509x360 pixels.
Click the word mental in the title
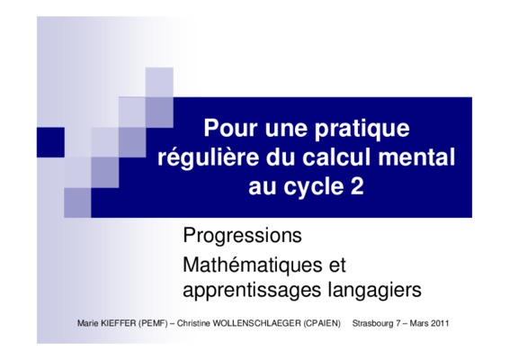coord(416,157)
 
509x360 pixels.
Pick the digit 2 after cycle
coord(357,186)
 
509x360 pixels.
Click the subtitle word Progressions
coord(242,236)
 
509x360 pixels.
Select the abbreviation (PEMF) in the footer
coord(153,323)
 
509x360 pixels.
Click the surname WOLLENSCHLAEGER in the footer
coord(257,323)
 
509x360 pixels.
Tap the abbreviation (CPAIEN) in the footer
coord(322,323)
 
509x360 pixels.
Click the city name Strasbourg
coord(372,324)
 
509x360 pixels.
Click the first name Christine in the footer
coord(193,323)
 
